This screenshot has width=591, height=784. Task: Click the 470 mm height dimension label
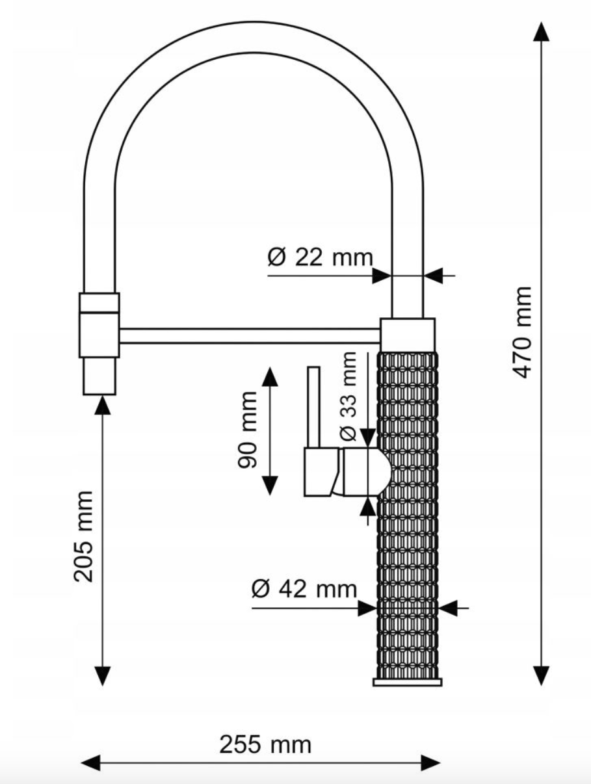pyautogui.click(x=522, y=331)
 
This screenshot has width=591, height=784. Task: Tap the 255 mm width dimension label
pyautogui.click(x=265, y=744)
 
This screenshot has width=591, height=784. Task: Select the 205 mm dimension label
pyautogui.click(x=84, y=536)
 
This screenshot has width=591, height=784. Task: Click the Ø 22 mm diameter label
pyautogui.click(x=320, y=257)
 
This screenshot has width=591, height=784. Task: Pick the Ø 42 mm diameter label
pyautogui.click(x=304, y=589)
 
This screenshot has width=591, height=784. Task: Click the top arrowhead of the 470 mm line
pyautogui.click(x=541, y=31)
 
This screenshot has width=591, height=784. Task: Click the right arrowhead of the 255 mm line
pyautogui.click(x=431, y=763)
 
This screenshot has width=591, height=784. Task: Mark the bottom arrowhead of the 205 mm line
pyautogui.click(x=102, y=675)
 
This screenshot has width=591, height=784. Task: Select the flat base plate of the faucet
pyautogui.click(x=408, y=681)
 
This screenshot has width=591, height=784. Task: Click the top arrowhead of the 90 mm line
pyautogui.click(x=269, y=376)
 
